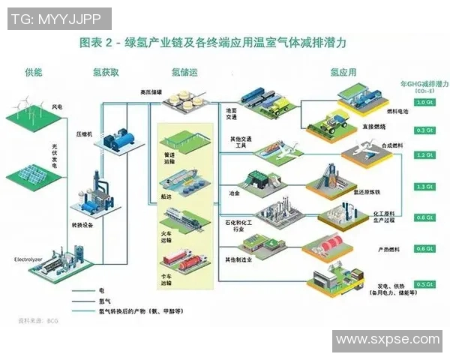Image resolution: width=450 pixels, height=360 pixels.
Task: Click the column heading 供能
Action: (34, 73)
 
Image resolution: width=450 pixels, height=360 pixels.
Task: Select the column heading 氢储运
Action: (184, 73)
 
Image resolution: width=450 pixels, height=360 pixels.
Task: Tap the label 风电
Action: (58, 107)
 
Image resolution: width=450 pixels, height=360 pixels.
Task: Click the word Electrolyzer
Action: (31, 259)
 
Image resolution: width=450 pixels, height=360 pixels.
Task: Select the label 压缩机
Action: (84, 133)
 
